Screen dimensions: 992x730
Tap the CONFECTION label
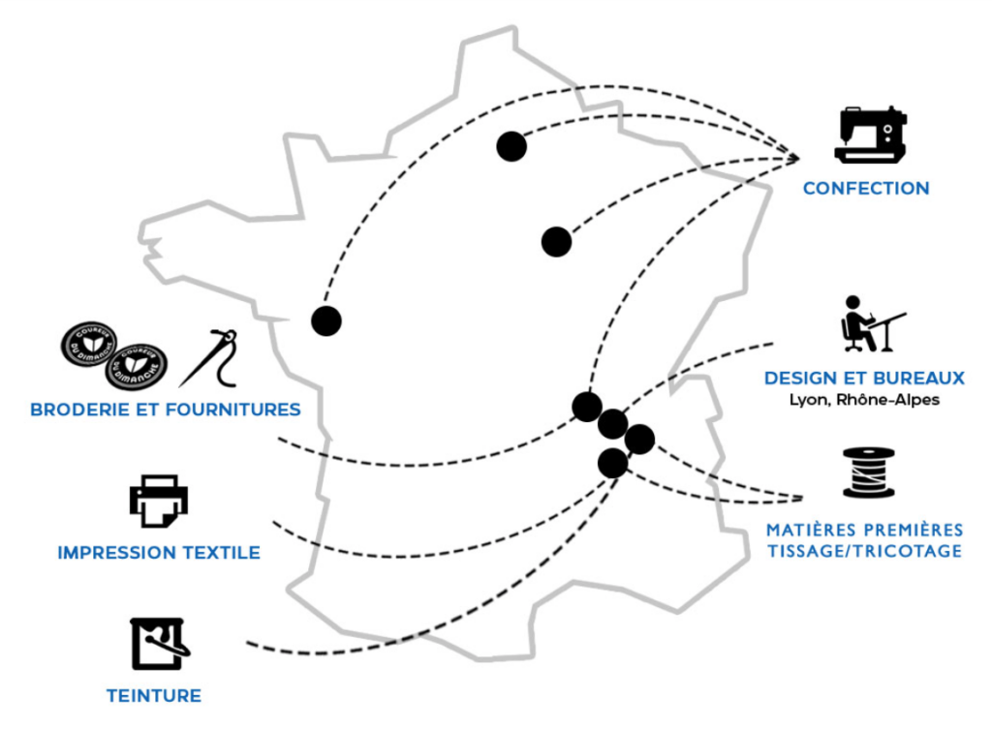coord(866,189)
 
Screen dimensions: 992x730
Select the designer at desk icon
coord(873,323)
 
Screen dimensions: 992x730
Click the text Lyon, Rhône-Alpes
coord(864,400)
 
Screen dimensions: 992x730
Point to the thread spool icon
coord(869,472)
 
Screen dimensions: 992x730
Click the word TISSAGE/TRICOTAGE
coord(865,551)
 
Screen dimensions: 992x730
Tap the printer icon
coord(159,502)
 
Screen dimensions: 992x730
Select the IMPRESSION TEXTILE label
coord(159,553)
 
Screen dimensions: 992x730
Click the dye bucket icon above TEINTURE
coord(160,644)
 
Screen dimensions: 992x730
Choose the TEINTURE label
coord(154,696)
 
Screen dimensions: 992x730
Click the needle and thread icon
coord(209,357)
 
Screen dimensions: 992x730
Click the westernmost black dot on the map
coord(326,321)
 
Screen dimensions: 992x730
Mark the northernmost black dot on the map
coord(511,146)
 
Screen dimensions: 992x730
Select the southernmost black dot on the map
coord(612,464)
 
